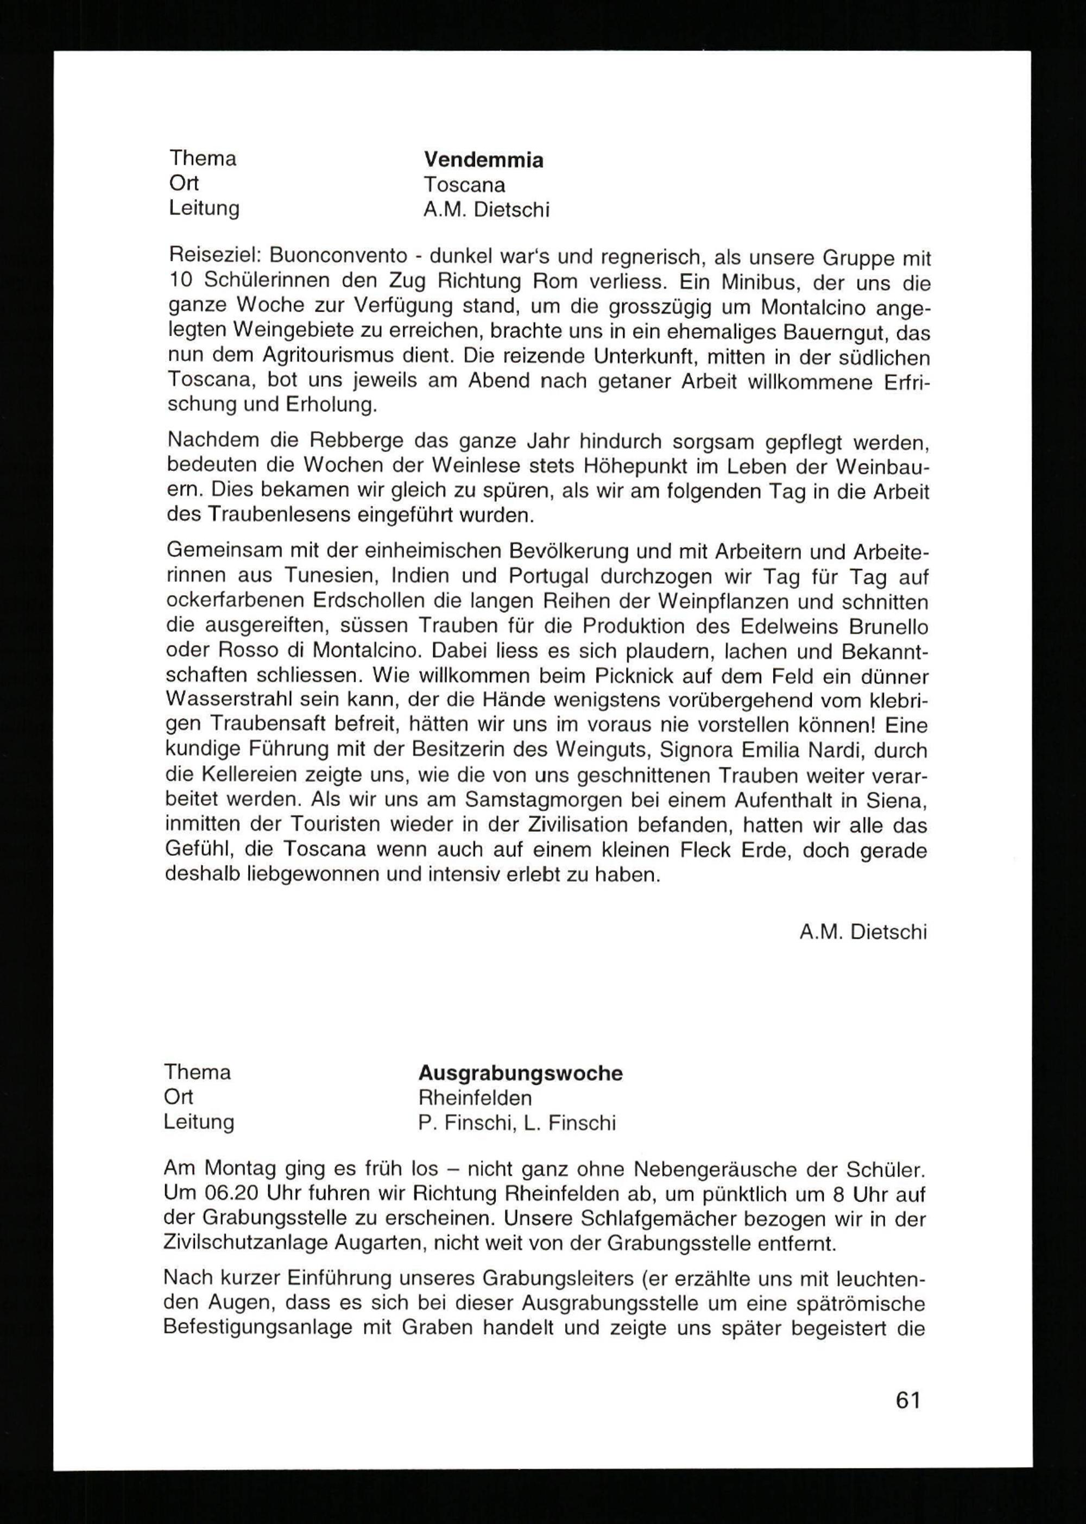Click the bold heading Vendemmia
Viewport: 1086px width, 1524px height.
point(483,160)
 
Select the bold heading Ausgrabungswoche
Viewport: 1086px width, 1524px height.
point(520,1073)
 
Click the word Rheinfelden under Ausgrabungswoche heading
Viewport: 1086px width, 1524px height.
point(475,1097)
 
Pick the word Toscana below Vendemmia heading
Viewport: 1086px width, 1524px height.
point(464,185)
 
